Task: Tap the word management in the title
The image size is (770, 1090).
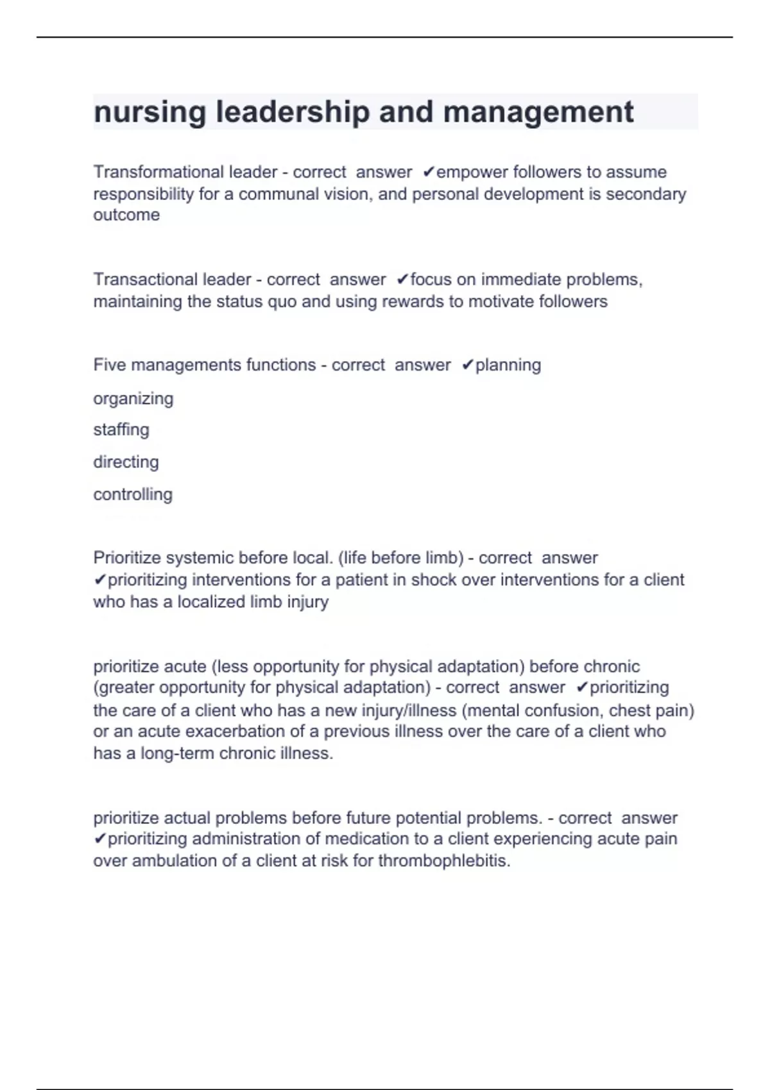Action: [x=538, y=112]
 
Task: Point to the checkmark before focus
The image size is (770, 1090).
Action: [x=402, y=280]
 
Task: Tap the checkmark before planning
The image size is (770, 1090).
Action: [x=468, y=365]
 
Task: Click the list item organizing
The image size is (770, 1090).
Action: [x=133, y=399]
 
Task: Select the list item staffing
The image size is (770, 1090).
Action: [x=121, y=430]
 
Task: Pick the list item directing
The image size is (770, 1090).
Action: [x=126, y=462]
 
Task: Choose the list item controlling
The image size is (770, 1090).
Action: [x=133, y=494]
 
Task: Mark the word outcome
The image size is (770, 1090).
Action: [x=126, y=215]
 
